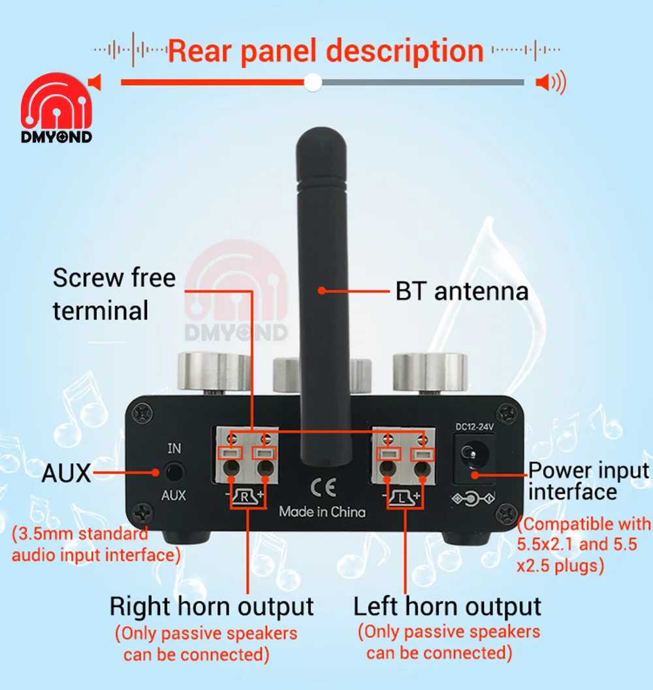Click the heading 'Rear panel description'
coord(325,50)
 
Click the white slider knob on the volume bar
coord(313,82)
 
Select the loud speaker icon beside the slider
coord(550,82)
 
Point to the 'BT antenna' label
coord(462,291)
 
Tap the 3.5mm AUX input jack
coord(174,471)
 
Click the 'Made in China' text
coord(322,512)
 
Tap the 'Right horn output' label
coord(211,606)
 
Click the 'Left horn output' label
coord(447,606)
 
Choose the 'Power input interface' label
coord(588,480)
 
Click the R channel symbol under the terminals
coord(246,497)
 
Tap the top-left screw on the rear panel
coord(140,413)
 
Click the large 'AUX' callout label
coord(67,472)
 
